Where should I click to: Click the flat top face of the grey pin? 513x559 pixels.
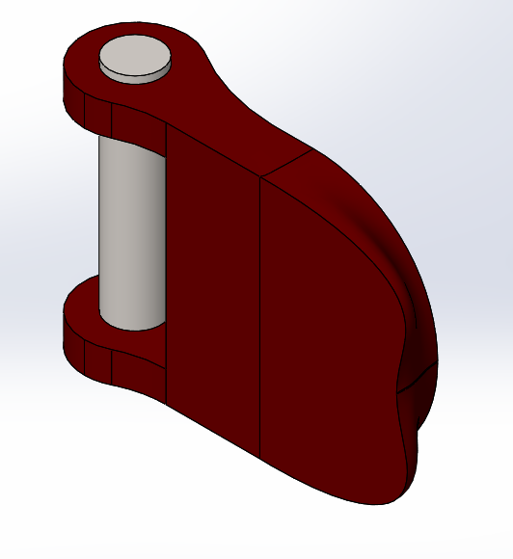(x=136, y=55)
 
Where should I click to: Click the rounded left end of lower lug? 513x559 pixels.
(x=71, y=333)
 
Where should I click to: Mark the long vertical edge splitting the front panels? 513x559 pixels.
(x=261, y=318)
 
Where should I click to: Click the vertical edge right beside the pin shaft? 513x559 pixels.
(x=167, y=260)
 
